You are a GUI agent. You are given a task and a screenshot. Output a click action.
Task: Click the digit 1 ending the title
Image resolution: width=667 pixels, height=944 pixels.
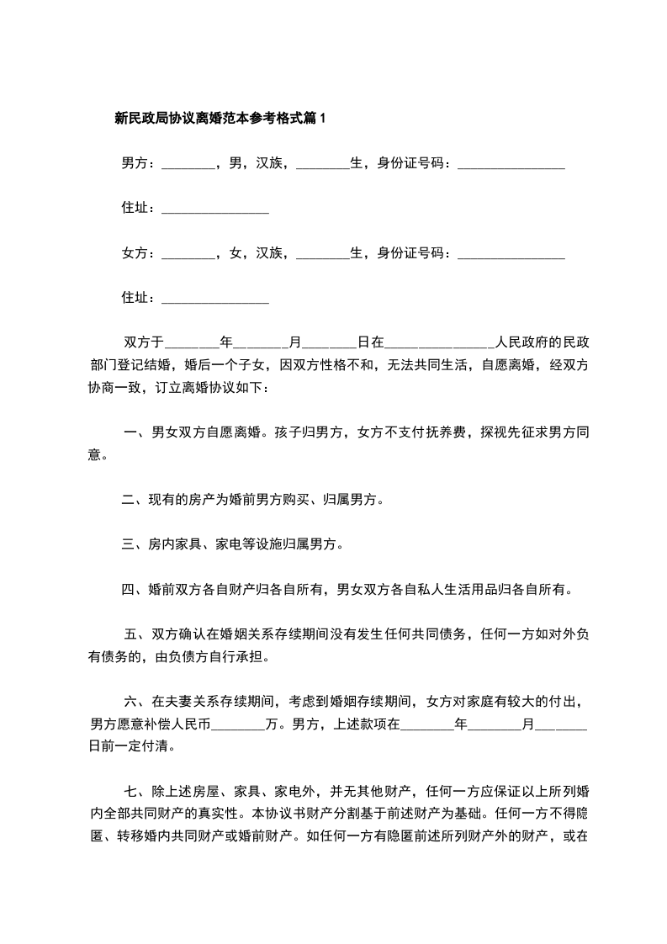pos(322,119)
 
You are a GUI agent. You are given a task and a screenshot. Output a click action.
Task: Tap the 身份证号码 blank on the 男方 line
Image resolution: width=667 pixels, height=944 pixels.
pos(511,164)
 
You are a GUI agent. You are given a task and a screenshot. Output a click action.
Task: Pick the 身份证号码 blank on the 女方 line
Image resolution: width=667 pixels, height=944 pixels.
pos(511,253)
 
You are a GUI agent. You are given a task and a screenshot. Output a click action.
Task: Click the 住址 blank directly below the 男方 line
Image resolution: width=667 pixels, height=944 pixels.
pos(214,209)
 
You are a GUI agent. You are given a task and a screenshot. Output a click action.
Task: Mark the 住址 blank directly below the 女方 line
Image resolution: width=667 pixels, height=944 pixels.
pos(214,298)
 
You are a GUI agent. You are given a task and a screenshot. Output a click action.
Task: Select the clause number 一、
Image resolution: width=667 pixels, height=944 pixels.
pos(135,433)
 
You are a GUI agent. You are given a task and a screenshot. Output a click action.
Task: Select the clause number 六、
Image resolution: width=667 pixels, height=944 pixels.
pos(137,702)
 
